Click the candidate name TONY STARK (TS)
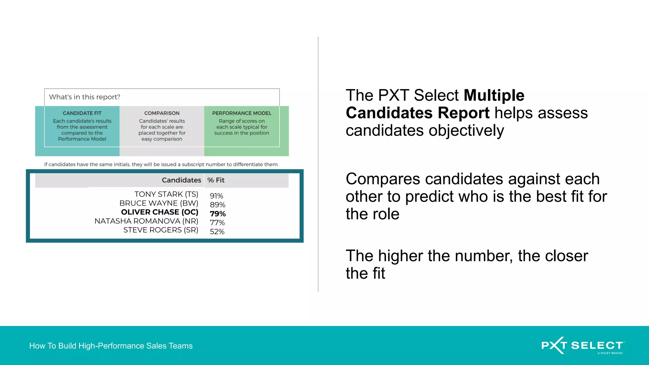tap(166, 194)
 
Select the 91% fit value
tap(216, 196)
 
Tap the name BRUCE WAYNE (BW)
tap(159, 203)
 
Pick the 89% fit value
tap(217, 205)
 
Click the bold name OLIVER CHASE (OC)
tap(160, 212)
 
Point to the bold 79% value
tap(218, 214)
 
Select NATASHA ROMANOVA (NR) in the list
tap(146, 221)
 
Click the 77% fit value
tap(217, 223)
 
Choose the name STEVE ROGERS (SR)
tap(161, 230)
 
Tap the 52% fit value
tap(217, 232)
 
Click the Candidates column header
tap(181, 180)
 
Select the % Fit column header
tap(216, 180)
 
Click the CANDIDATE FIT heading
tap(82, 113)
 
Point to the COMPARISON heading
tap(162, 113)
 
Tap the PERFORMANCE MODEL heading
tap(242, 113)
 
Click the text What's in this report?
tap(85, 97)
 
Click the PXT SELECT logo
tap(582, 345)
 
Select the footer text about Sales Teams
tap(111, 346)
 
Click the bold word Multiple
tap(494, 95)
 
